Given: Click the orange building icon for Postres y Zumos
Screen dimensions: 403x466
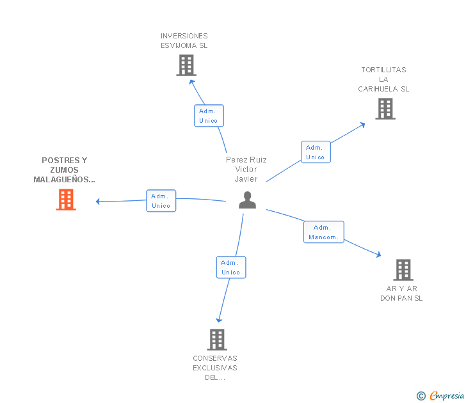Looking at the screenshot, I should coord(66,200).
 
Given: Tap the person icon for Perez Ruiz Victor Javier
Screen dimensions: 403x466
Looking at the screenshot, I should coord(247,200).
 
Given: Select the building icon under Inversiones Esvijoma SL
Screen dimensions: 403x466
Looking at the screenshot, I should coord(186,65).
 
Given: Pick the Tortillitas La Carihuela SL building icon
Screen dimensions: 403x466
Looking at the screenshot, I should coord(385,109).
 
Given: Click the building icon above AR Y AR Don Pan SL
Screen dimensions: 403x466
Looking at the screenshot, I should coord(403,270).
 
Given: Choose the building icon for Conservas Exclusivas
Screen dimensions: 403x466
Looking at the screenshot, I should coord(217,340).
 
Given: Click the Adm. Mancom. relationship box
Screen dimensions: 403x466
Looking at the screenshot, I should coord(323,232).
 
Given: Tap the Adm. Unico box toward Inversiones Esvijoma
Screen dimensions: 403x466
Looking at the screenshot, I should coord(209,116).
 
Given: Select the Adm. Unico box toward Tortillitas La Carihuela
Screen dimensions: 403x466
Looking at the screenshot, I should coord(316,152).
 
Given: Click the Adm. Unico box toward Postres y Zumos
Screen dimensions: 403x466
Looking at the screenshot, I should coord(161,201).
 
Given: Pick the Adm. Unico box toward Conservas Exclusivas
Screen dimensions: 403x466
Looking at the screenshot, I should coord(230,267).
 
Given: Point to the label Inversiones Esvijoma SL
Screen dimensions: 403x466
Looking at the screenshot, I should coord(184,41).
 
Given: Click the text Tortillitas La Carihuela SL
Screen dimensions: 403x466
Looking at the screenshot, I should coord(383,79).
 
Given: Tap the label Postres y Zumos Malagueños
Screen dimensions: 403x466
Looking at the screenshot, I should coord(64,170).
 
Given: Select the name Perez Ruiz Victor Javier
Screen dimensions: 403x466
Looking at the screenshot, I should coord(246,170).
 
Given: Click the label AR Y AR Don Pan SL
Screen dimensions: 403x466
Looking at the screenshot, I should coord(401,293).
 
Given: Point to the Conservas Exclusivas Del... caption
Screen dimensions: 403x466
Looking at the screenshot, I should coord(215,368).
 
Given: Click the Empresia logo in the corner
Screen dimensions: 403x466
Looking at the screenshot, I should coord(446,396).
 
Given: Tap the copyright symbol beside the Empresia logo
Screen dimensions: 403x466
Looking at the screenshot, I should coord(421,396).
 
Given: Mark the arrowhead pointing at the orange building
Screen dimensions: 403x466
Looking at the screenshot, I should coord(99,201).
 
